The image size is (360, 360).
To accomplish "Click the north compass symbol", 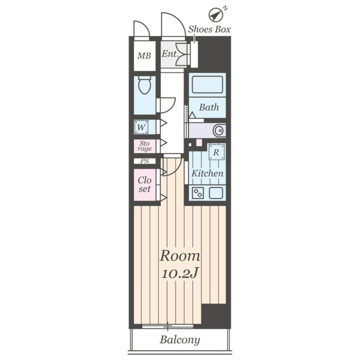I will pos(215,15).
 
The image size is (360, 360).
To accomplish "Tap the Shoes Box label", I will pos(209,29).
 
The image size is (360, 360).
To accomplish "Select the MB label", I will pos(144,56).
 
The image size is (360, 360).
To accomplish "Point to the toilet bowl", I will pos(144,85).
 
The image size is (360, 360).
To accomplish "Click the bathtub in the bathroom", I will pos(207,85).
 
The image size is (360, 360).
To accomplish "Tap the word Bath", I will pos(209,108).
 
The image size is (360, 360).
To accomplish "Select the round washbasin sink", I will pos(219,131).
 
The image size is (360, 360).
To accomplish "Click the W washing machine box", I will pos(141,127).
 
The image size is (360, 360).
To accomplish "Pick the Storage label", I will pos(144,146).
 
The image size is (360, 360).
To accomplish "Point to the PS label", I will pos(144,161).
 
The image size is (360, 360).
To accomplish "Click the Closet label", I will pos(144,184).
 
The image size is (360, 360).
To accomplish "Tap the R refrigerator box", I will pos(216,152).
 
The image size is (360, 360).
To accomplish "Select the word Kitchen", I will pos(207,174).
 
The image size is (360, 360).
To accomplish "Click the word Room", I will pos(180,256).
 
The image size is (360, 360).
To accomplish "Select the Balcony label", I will pos(180,340).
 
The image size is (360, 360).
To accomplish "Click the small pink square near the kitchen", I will pos(199,142).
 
